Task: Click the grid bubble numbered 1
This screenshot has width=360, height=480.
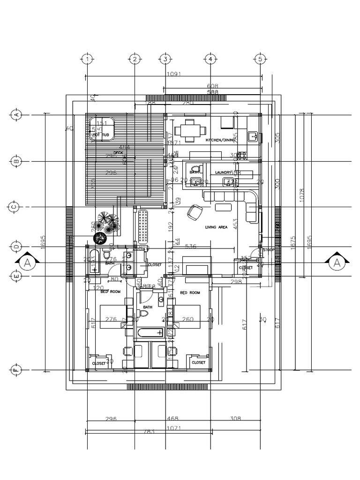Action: [87, 59]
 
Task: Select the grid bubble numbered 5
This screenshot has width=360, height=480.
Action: [260, 59]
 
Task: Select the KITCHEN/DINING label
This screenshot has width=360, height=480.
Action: [221, 140]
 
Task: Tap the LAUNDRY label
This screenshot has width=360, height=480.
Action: [223, 172]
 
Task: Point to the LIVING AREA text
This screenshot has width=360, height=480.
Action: [216, 227]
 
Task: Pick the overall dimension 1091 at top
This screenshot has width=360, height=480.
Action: [173, 74]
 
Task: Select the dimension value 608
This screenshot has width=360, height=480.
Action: [213, 86]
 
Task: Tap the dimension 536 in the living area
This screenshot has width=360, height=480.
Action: [191, 246]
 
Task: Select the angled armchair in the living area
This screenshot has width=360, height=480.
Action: [194, 213]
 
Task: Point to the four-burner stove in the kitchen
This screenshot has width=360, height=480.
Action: [242, 154]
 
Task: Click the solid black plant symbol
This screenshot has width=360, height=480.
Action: [100, 238]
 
